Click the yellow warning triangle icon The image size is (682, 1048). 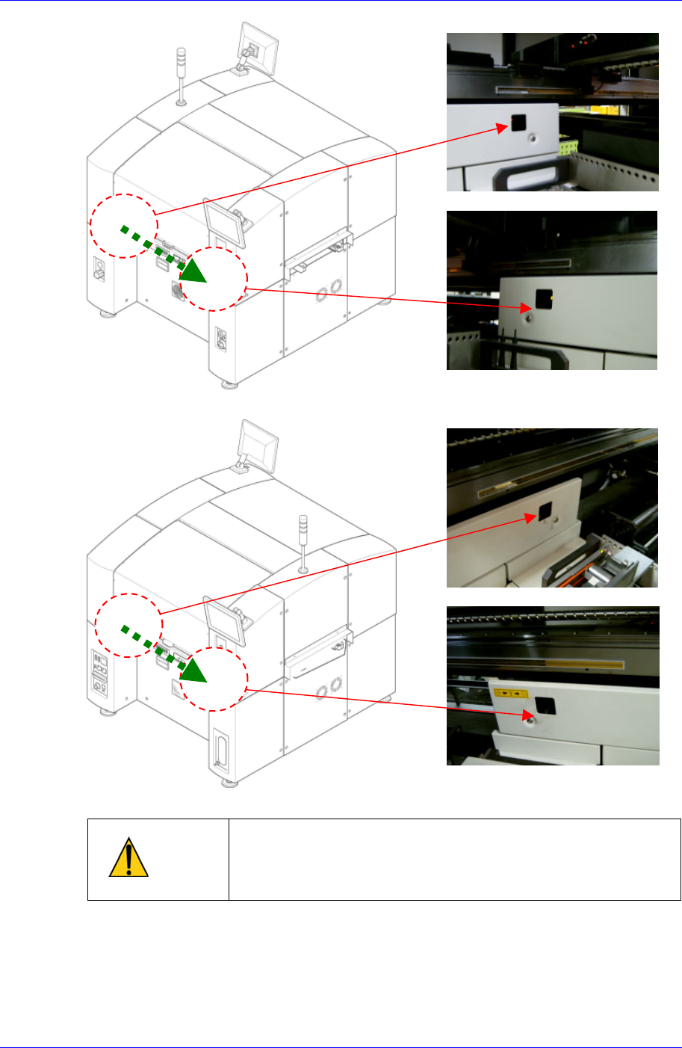pos(128,859)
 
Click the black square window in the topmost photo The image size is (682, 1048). pos(518,123)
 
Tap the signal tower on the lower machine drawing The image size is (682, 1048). pos(303,543)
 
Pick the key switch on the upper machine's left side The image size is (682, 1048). pos(99,271)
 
